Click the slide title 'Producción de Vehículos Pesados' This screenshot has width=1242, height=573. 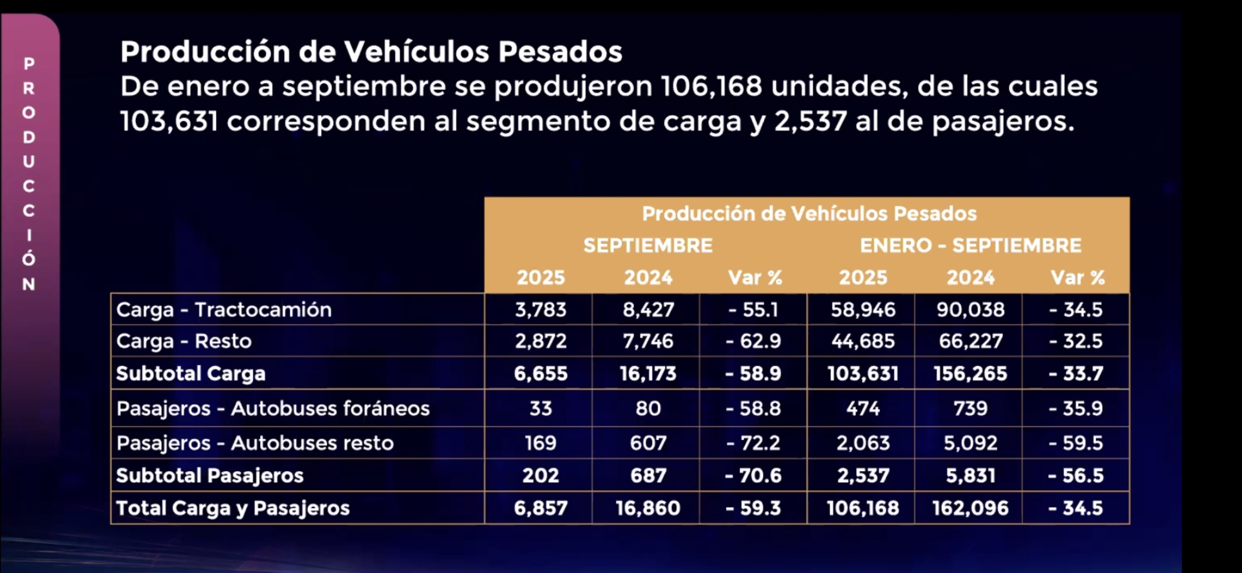click(371, 52)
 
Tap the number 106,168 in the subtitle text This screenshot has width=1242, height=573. click(711, 86)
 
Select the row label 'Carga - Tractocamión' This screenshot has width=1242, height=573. click(223, 309)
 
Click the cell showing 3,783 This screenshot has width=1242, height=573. click(540, 309)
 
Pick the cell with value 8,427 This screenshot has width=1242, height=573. click(648, 309)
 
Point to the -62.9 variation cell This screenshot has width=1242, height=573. click(753, 341)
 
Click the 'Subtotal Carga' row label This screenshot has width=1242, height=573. click(191, 374)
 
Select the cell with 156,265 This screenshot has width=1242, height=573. click(970, 374)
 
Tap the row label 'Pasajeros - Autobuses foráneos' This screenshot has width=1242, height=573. click(273, 409)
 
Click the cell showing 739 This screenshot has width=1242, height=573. click(970, 409)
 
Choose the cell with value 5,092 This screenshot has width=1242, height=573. click(970, 443)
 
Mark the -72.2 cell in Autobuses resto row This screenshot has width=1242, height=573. click(753, 443)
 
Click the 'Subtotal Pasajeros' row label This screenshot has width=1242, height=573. click(210, 475)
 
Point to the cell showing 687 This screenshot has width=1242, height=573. click(648, 475)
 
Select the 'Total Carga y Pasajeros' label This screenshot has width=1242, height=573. click(232, 508)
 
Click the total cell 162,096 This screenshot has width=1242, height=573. click(970, 508)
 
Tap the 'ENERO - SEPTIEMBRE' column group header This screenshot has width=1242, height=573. click(970, 246)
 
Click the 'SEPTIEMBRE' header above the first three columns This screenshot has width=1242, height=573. click(648, 246)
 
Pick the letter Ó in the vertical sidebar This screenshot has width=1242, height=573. click(29, 258)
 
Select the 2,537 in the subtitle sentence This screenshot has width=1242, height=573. click(810, 121)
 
